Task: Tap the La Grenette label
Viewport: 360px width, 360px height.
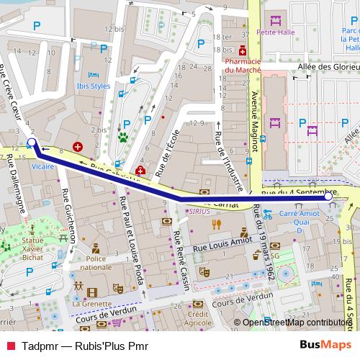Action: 86,303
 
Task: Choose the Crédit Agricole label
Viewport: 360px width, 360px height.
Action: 197,319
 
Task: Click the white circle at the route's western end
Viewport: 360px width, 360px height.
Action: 31,142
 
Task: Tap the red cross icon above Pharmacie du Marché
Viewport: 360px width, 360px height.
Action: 243,51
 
